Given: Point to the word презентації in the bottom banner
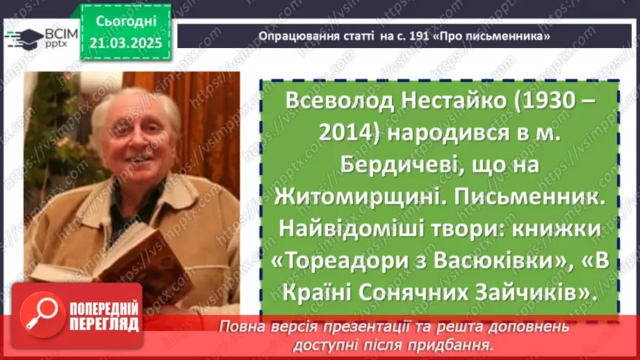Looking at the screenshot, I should (x=368, y=327).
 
